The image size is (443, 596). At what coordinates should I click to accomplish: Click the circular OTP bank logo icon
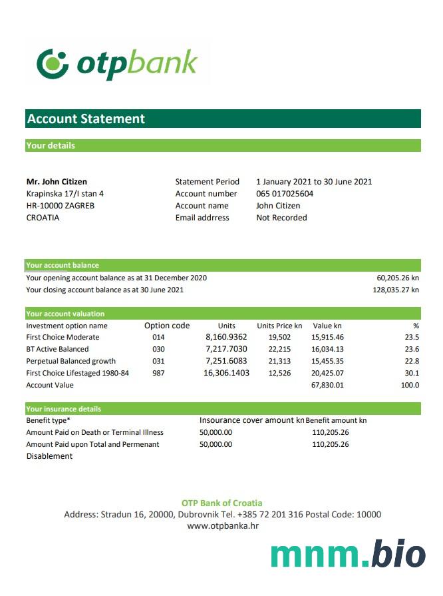click(x=53, y=63)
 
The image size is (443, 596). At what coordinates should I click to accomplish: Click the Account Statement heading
click(x=86, y=119)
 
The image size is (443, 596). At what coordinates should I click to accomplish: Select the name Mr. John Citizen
click(x=57, y=182)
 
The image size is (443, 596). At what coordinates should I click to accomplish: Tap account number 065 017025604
click(x=285, y=194)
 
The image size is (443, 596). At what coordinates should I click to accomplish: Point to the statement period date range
click(x=314, y=182)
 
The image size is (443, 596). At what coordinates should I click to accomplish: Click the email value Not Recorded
click(x=281, y=218)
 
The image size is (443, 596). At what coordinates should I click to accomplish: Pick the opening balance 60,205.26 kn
click(x=398, y=278)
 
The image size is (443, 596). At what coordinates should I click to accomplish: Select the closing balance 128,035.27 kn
click(x=396, y=290)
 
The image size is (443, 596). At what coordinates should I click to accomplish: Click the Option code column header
click(x=167, y=326)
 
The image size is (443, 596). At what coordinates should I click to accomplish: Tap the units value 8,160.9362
click(x=226, y=337)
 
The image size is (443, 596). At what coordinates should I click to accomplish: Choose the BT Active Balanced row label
click(x=57, y=349)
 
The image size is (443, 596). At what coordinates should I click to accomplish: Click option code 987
click(x=158, y=373)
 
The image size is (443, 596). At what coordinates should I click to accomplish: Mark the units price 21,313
click(x=279, y=361)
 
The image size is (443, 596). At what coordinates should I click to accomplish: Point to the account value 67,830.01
click(x=327, y=385)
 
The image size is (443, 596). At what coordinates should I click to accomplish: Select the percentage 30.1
click(x=412, y=373)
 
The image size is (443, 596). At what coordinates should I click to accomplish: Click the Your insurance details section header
click(x=64, y=409)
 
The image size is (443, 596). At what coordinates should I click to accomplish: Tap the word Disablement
click(x=49, y=456)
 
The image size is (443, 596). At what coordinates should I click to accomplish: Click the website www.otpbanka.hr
click(x=222, y=526)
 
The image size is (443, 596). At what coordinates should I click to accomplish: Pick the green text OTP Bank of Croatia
click(x=222, y=503)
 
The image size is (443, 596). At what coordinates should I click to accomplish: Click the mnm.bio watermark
click(x=348, y=555)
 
